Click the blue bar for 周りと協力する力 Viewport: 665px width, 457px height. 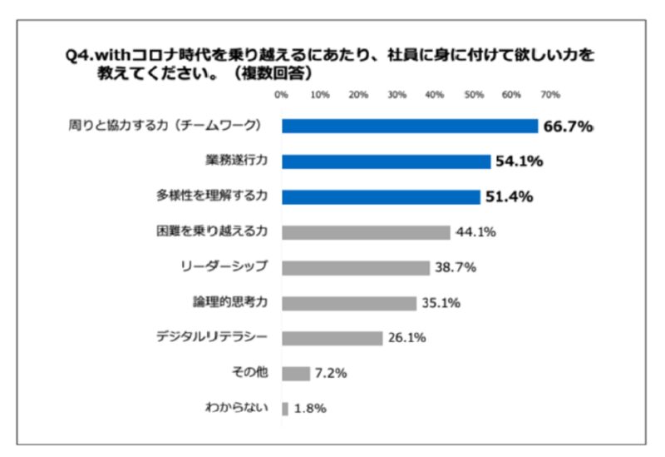pos(410,126)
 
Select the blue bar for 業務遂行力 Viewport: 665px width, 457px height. pos(386,161)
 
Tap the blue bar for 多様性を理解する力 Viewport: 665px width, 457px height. pos(381,196)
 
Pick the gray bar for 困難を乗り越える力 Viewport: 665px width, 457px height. pos(366,232)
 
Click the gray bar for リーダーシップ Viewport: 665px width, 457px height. pos(356,267)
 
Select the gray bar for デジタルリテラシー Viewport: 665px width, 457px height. pos(332,338)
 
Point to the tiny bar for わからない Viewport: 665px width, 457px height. pos(285,409)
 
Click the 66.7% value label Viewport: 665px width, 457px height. pos(568,127)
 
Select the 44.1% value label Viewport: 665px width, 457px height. pos(475,232)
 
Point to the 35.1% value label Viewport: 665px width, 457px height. pos(441,303)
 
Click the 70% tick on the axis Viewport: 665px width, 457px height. pos(550,94)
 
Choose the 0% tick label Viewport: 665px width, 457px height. pos(281,94)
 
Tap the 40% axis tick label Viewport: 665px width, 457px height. pos(435,94)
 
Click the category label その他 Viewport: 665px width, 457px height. pos(249,374)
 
